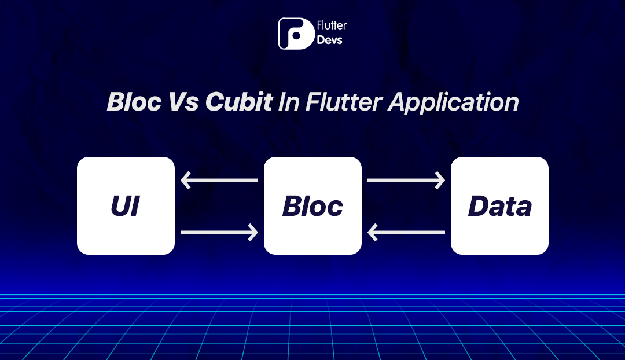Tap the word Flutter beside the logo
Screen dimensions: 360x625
332,26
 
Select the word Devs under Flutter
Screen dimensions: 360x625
330,41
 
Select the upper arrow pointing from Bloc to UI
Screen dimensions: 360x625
219,181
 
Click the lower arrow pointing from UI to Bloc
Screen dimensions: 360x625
219,233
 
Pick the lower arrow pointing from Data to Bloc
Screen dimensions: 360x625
406,233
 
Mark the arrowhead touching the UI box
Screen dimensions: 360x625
186,181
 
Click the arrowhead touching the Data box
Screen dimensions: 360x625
439,181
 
